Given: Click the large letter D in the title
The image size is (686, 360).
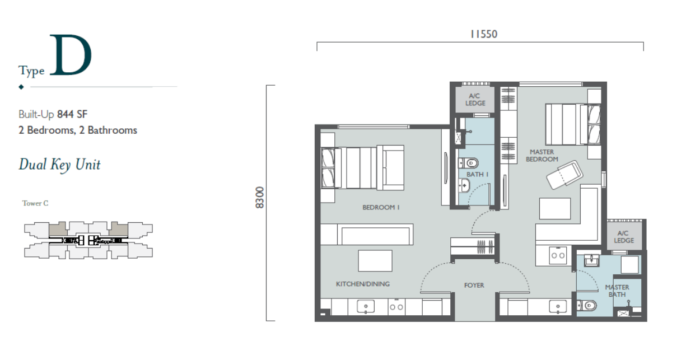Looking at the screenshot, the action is (71, 55).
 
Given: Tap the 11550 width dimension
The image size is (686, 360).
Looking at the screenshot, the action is (484, 34).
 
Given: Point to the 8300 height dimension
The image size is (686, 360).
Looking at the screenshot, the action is (259, 198).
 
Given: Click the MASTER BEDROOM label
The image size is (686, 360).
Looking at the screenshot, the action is (542, 156).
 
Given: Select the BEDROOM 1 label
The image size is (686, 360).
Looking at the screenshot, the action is (381, 207).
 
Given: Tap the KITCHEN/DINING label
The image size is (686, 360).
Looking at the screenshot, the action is (363, 284).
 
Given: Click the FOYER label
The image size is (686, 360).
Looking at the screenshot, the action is (474, 286).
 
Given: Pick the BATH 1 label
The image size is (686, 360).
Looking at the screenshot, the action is (478, 174).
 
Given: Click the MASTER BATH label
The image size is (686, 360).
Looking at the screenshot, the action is (617, 291).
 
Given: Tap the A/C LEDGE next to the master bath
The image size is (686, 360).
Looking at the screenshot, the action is (624, 237).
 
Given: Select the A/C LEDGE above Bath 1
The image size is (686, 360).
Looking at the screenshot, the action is (475, 100).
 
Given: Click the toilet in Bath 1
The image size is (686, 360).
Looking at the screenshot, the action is (468, 163).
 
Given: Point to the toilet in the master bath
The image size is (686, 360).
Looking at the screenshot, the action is (586, 305).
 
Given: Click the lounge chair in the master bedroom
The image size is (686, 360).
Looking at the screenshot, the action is (564, 175).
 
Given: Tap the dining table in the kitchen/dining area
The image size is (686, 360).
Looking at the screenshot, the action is (375, 260).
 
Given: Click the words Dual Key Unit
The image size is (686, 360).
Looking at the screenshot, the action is (60, 165).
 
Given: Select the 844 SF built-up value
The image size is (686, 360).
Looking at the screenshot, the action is (72, 114).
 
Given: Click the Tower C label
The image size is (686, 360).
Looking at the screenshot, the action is (35, 203).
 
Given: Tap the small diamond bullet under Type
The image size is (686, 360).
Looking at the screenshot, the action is (21, 87).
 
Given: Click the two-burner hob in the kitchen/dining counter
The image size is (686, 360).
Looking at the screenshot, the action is (396, 307).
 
